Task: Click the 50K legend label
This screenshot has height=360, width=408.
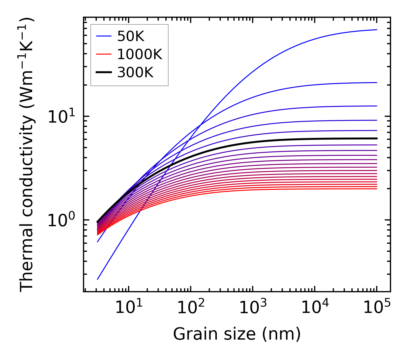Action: coord(131,36)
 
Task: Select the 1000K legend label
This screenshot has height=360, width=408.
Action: coord(140,54)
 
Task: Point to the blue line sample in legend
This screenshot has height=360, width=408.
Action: coord(104,36)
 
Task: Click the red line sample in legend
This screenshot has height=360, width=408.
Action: coord(104,54)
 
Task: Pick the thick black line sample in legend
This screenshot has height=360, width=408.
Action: coord(104,73)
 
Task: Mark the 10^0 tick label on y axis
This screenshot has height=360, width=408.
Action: coord(61,220)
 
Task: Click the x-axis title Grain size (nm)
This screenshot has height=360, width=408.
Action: coord(237,334)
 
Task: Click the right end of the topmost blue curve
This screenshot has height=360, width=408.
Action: coord(376,30)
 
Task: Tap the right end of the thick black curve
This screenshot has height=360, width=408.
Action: coord(376,138)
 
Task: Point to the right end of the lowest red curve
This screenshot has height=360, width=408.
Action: coord(376,189)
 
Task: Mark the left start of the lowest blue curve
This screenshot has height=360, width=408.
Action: coord(98,279)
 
